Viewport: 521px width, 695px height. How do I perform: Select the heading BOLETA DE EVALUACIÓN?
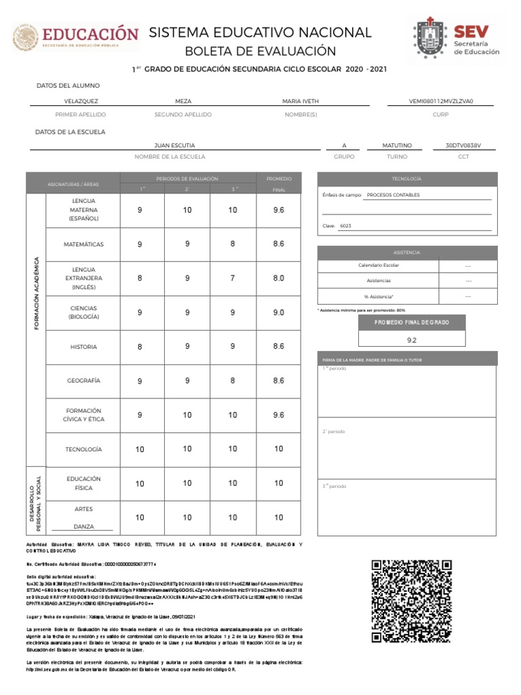click(260, 52)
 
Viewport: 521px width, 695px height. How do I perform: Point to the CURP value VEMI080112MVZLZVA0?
click(440, 101)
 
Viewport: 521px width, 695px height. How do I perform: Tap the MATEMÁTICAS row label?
click(83, 244)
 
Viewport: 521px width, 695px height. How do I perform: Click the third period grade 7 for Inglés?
click(233, 278)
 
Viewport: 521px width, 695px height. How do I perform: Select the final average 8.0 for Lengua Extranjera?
click(278, 278)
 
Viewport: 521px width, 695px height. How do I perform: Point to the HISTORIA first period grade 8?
click(140, 347)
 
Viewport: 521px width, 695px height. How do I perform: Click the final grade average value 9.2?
click(412, 339)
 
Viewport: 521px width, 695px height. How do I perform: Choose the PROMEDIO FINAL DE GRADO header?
click(412, 322)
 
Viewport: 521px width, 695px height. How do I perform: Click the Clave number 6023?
click(346, 226)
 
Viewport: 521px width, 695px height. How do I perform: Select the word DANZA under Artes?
click(83, 527)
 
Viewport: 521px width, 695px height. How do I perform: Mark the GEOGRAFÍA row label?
click(83, 381)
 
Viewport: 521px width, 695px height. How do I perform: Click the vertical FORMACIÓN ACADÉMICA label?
click(36, 295)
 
